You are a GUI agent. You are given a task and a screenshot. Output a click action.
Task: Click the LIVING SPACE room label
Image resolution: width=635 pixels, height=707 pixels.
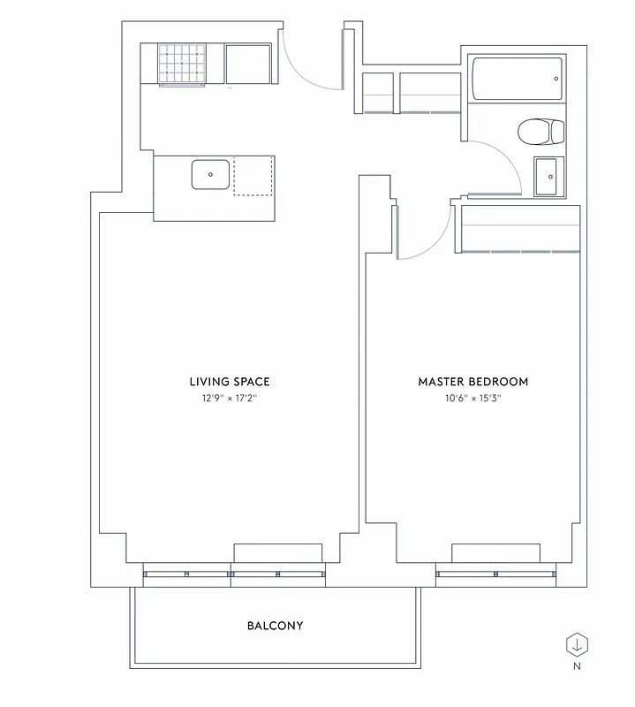coord(229,382)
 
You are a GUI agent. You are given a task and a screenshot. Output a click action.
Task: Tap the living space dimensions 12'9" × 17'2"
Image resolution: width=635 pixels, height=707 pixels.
coord(229,399)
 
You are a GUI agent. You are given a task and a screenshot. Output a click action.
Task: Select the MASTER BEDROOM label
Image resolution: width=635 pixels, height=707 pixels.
coord(472,382)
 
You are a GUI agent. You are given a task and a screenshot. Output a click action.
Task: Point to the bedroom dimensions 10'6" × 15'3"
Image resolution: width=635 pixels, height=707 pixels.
coord(472,399)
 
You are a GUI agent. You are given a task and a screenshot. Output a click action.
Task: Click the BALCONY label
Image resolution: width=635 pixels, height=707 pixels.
coord(275,626)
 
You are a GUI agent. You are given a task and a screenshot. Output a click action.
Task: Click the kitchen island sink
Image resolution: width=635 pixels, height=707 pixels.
coord(211,175)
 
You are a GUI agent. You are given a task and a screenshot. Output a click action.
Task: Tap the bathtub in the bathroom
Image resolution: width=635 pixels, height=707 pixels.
coord(517,80)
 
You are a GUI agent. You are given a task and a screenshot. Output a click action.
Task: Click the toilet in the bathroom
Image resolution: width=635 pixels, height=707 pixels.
coord(540,133)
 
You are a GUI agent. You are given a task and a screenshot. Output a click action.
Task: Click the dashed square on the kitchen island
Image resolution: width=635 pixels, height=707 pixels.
coord(253,177)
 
